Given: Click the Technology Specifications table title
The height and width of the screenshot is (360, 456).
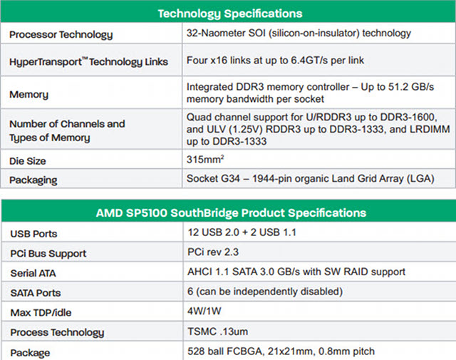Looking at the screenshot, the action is coord(230,14).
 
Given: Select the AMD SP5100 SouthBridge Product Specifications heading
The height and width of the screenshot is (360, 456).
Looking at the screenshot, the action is coord(231,212).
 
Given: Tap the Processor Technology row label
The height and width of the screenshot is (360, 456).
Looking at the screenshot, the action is coord(61,35).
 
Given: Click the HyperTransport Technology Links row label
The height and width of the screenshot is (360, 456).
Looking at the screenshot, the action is coord(88,62).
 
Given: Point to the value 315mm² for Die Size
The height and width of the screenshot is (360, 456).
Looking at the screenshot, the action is coord(205,159).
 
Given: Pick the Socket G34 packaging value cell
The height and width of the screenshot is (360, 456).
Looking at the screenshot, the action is coord(311,178).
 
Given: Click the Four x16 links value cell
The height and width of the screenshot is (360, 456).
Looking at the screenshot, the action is coord(275,61).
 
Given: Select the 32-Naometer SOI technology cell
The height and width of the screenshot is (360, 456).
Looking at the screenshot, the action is coord(299,34).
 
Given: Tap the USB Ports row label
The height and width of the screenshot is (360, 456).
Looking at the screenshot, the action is coord(33,234).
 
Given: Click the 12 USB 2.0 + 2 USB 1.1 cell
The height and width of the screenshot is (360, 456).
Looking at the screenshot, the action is coord(242,232).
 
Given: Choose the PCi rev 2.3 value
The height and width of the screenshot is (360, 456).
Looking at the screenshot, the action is coord(213,252).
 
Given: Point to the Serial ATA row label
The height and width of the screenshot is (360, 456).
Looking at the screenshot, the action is coord(33,273).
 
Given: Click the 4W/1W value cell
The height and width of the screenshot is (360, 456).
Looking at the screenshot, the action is coord(204,311).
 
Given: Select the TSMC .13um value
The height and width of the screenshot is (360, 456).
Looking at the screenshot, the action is coord(218,331).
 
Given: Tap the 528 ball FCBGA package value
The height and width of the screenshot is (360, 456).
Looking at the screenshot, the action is coord(281,351).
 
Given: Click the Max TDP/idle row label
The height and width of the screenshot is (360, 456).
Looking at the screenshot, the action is coord(41,312).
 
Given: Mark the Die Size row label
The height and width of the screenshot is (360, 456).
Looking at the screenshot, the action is coord(28,161).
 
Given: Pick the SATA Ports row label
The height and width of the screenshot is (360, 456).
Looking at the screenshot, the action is coord(36,293).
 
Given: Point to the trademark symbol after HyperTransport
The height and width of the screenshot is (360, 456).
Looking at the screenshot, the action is coord(85,58).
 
